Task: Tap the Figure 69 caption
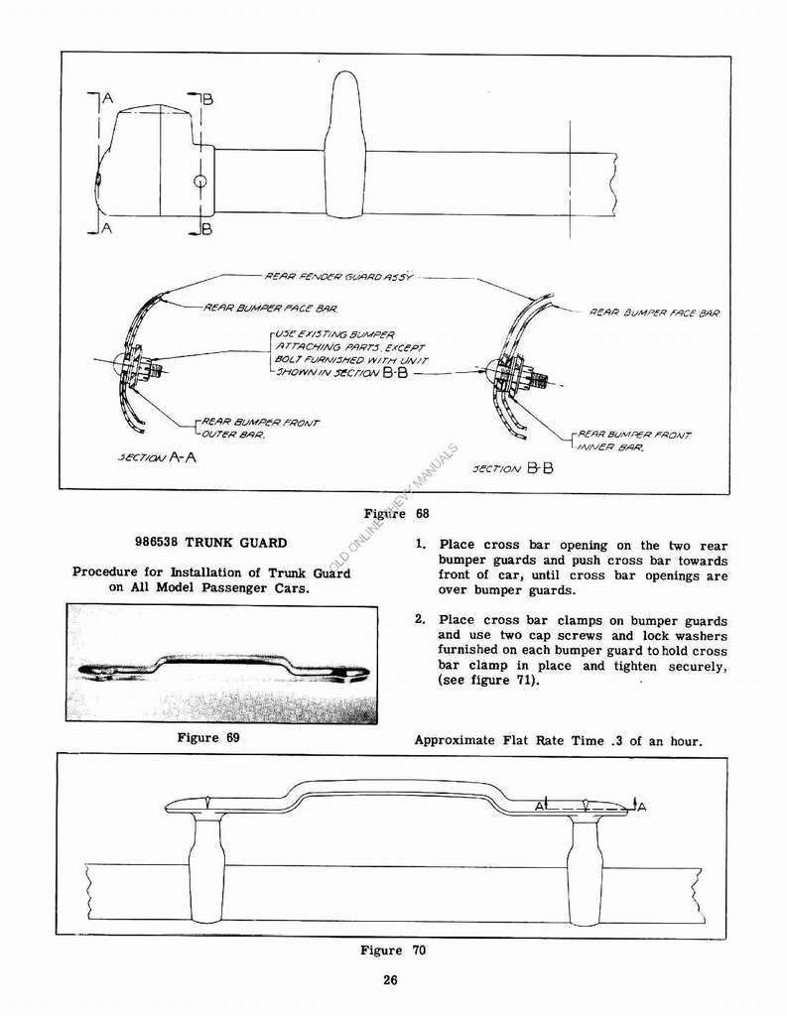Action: tap(208, 737)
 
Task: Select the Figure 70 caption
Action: tap(393, 951)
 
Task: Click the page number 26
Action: tap(390, 981)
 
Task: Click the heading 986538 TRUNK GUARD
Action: tap(210, 543)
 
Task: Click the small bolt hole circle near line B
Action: tap(200, 182)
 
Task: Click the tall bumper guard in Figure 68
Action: tap(344, 145)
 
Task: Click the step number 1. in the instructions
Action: tap(421, 545)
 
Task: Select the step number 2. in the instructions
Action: tap(421, 620)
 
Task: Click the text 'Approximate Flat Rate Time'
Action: tap(507, 739)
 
